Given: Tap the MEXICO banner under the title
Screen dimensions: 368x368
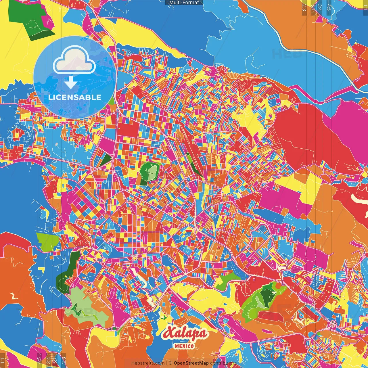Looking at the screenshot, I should click(184, 346).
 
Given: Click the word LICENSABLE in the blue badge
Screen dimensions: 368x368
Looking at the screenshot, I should click(75, 97).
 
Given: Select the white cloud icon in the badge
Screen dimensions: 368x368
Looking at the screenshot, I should click(74, 61).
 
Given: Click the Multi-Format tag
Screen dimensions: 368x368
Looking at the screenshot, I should click(184, 3).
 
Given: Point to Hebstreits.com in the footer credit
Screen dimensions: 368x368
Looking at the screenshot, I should click(148, 363).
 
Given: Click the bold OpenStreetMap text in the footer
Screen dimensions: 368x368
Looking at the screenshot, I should click(191, 363).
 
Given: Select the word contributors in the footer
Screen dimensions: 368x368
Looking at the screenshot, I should click(223, 363).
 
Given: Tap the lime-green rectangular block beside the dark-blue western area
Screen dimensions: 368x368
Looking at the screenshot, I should click(47, 241).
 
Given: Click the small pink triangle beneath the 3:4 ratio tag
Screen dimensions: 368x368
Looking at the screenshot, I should click(319, 19).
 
